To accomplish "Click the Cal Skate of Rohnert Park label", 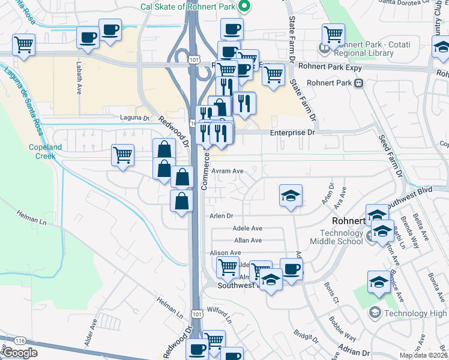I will pyautogui.click(x=186, y=7).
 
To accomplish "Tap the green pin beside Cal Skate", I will pyautogui.click(x=244, y=7).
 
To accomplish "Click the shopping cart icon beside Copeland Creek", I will pyautogui.click(x=122, y=155).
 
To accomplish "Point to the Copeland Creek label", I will pyautogui.click(x=45, y=151).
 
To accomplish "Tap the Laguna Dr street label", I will pyautogui.click(x=134, y=118).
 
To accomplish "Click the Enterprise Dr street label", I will pyautogui.click(x=292, y=132).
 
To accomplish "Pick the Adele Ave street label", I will pyautogui.click(x=248, y=228).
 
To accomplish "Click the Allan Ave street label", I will pyautogui.click(x=248, y=240).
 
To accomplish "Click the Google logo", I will pyautogui.click(x=19, y=353).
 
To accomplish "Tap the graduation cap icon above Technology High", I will pyautogui.click(x=379, y=282).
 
